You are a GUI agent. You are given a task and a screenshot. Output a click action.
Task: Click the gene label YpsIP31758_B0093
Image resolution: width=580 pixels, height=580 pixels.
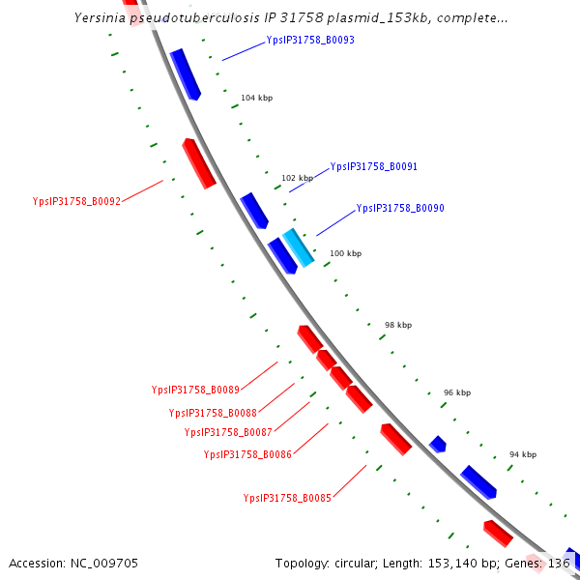pyautogui.click(x=310, y=41)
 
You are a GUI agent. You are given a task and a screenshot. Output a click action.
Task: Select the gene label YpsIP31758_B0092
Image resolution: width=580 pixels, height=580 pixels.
pyautogui.click(x=76, y=201)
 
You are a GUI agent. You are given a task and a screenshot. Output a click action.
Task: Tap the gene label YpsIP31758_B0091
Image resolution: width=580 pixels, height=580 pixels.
pyautogui.click(x=374, y=166)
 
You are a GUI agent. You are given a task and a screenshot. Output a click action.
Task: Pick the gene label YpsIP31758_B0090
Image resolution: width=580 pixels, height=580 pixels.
pyautogui.click(x=400, y=208)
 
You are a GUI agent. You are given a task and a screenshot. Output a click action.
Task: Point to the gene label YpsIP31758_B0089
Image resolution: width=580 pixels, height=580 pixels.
pyautogui.click(x=195, y=390)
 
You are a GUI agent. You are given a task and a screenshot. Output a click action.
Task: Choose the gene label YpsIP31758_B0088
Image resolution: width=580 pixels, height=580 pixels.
pyautogui.click(x=213, y=413)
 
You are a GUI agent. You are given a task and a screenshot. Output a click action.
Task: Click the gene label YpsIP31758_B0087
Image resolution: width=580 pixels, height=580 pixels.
pyautogui.click(x=228, y=432)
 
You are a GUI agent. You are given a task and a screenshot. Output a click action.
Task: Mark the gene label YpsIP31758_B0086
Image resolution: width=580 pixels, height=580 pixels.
pyautogui.click(x=247, y=453)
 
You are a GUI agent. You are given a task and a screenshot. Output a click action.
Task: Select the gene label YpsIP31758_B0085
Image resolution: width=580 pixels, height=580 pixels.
pyautogui.click(x=288, y=498)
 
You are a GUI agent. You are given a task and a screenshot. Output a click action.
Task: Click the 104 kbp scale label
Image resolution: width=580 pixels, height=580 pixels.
pyautogui.click(x=256, y=99)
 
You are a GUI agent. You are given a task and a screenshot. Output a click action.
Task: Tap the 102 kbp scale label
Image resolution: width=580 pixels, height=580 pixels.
pyautogui.click(x=297, y=178)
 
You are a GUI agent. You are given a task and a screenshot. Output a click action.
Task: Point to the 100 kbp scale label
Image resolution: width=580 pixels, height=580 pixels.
pyautogui.click(x=345, y=253)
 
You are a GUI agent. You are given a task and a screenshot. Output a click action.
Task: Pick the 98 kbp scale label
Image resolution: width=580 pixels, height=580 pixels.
pyautogui.click(x=398, y=325)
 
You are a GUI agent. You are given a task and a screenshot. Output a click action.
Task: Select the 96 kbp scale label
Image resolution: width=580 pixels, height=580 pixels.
pyautogui.click(x=457, y=392)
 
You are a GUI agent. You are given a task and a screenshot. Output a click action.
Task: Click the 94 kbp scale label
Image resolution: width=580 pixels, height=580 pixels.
pyautogui.click(x=523, y=454)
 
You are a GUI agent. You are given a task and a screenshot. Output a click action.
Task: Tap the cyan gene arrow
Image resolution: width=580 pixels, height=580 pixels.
pyautogui.click(x=298, y=247)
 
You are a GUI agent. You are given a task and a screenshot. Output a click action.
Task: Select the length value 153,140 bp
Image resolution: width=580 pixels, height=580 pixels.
pyautogui.click(x=460, y=563)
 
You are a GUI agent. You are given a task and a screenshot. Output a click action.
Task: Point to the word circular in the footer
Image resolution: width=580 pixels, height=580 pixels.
pyautogui.click(x=358, y=563)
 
